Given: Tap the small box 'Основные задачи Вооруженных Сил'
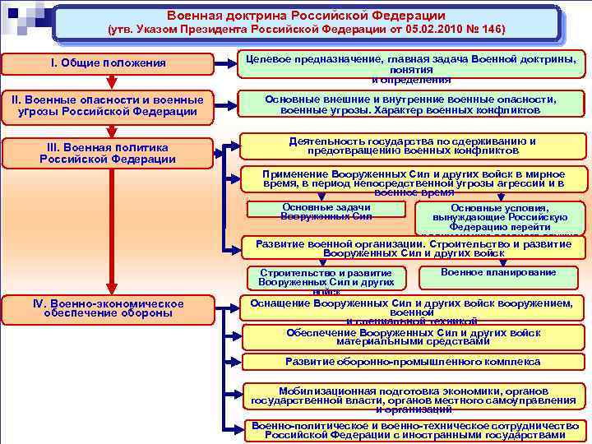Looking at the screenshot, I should [x=326, y=211].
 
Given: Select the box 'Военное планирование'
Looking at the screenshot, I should [x=498, y=274].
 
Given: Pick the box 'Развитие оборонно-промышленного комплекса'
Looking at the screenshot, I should [x=413, y=362].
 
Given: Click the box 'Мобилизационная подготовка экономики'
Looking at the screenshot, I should [x=413, y=398].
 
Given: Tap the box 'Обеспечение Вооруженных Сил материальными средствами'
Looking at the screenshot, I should [x=413, y=336].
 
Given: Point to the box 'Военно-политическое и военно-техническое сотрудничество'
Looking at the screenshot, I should [x=413, y=430].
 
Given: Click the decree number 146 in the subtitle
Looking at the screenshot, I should [x=493, y=30].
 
